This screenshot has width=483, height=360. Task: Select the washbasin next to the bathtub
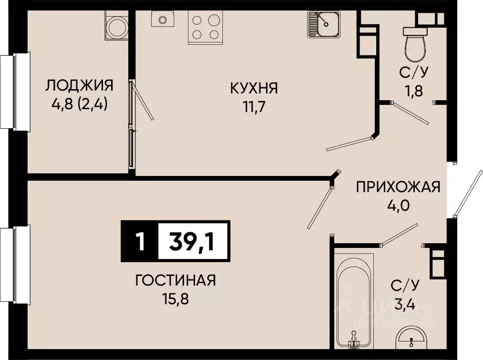(x=409, y=339)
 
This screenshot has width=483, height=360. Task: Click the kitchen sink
(x=323, y=24)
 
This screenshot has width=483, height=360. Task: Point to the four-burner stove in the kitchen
(x=206, y=27)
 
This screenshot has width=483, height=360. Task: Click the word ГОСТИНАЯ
(x=175, y=280)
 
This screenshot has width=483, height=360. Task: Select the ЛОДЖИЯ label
(x=80, y=86)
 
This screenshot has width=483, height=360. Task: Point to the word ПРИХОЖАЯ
(x=398, y=187)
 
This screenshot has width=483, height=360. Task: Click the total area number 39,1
(x=193, y=242)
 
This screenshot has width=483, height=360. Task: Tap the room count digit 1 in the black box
(x=139, y=242)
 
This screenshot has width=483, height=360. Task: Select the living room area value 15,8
(x=175, y=299)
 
